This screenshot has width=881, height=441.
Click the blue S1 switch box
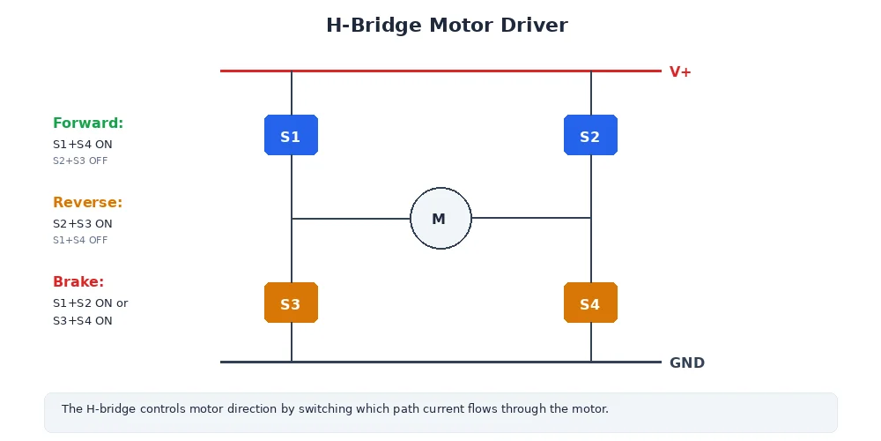click(x=291, y=135)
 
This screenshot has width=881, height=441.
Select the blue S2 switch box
click(x=590, y=135)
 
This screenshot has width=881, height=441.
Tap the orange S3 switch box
click(x=291, y=303)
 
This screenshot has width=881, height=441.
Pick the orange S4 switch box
click(x=590, y=303)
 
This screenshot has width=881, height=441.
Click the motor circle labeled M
click(x=440, y=218)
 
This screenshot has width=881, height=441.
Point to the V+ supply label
click(x=680, y=71)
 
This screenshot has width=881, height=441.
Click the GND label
click(x=686, y=363)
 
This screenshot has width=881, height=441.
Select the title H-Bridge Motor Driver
click(x=447, y=26)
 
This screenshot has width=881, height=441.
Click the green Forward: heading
click(x=88, y=123)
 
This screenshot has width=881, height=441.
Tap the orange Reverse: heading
click(x=87, y=203)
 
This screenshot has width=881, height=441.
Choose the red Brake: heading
click(x=78, y=282)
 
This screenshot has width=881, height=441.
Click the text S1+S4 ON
click(x=83, y=145)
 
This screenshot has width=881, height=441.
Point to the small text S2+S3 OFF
click(x=80, y=161)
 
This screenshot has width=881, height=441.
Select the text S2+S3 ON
click(x=83, y=224)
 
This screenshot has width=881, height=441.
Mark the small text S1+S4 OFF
click(x=80, y=240)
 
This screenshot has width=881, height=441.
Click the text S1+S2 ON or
click(x=90, y=303)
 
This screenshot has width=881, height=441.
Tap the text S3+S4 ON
click(x=83, y=321)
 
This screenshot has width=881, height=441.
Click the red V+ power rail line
click(x=440, y=71)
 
